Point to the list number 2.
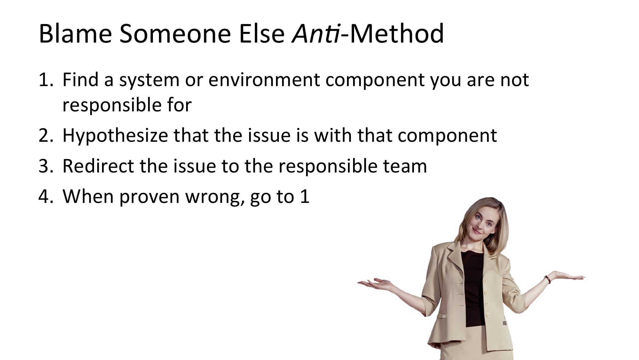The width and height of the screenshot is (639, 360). click(x=46, y=135)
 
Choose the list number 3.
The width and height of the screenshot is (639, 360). click(x=46, y=166)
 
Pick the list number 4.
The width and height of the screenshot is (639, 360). click(x=45, y=196)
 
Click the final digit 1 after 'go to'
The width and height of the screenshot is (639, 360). click(x=305, y=196)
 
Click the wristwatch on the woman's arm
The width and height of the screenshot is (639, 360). click(x=548, y=279)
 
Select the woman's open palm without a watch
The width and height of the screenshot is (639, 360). click(x=374, y=284)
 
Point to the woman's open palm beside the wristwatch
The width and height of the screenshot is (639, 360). click(x=568, y=276)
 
